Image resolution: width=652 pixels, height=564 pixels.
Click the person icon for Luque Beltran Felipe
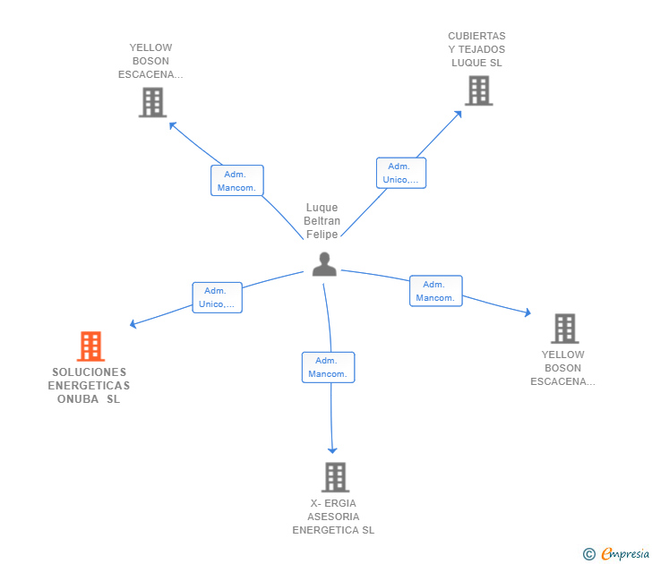point(324,264)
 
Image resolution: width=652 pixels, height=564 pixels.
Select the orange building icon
point(90,346)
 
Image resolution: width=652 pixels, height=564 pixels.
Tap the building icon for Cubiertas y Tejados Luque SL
point(478,90)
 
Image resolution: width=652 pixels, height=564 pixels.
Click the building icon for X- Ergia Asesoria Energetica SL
point(335,477)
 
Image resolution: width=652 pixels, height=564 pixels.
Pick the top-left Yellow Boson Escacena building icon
point(153,102)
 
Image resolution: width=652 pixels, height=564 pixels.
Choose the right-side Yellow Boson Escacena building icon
point(564,329)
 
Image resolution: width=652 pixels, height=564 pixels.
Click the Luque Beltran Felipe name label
point(322,221)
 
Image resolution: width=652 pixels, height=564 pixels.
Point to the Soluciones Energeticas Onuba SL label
point(89,386)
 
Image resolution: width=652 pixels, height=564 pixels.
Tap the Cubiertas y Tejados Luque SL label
point(476,50)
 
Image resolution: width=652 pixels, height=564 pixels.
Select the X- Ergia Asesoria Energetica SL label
point(333,517)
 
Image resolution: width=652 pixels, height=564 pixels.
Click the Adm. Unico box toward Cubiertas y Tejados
point(400,173)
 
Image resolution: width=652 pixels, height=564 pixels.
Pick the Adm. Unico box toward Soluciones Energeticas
point(217,297)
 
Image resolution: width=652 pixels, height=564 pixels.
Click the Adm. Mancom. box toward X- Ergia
point(328,367)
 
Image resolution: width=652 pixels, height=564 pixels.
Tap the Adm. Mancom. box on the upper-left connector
point(237,181)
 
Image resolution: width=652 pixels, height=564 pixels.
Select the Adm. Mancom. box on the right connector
point(436,291)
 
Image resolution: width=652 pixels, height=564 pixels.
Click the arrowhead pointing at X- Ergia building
point(333,450)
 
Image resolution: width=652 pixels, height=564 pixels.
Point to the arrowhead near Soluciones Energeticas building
point(133,324)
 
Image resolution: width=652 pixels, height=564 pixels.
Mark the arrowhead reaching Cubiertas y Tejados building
point(459,114)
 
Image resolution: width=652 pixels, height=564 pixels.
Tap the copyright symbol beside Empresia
point(588,554)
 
